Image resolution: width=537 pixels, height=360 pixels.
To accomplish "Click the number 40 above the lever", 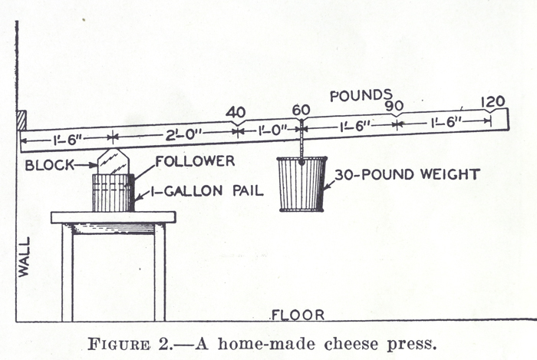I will pyautogui.click(x=236, y=112).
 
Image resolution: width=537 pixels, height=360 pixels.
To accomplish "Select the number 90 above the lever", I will pyautogui.click(x=395, y=105).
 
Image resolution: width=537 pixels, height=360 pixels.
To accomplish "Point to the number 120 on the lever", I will pyautogui.click(x=493, y=101).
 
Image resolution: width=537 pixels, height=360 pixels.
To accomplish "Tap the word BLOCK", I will pyautogui.click(x=48, y=165).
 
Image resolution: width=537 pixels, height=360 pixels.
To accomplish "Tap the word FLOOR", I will pyautogui.click(x=298, y=315).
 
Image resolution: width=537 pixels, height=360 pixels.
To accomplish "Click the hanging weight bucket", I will pyautogui.click(x=300, y=183).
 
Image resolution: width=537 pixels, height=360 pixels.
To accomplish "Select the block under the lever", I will pyautogui.click(x=113, y=162).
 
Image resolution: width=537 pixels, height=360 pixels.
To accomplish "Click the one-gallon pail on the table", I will pyautogui.click(x=112, y=192).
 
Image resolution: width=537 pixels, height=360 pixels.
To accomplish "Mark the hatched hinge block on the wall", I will pyautogui.click(x=22, y=121).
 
